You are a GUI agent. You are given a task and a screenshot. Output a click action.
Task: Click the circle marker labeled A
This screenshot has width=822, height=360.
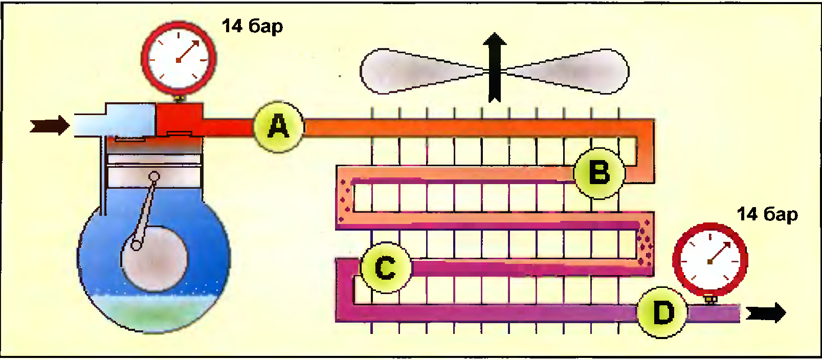pyautogui.click(x=279, y=126)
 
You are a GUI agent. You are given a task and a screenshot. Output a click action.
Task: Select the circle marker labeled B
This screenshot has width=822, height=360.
pyautogui.click(x=599, y=173)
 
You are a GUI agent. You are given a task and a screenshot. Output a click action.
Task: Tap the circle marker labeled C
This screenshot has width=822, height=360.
pyautogui.click(x=386, y=267)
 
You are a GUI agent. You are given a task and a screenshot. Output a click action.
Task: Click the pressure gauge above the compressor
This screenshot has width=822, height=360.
pyautogui.click(x=179, y=59)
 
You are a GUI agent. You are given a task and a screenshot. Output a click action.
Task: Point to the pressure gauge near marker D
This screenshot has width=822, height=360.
pyautogui.click(x=710, y=260)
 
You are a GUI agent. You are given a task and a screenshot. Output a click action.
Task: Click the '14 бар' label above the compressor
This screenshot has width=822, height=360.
pyautogui.click(x=252, y=26)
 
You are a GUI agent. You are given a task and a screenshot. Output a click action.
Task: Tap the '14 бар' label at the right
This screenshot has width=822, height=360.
pyautogui.click(x=767, y=214)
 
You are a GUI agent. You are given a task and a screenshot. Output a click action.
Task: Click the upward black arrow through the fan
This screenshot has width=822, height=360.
pyautogui.click(x=495, y=66)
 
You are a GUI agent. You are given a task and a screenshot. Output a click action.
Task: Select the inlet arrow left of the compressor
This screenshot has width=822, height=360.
pyautogui.click(x=50, y=125)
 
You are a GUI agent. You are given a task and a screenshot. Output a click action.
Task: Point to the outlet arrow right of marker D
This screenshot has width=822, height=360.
pyautogui.click(x=766, y=312)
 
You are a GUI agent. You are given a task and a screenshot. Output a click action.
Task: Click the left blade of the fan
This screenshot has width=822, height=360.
pyautogui.click(x=409, y=72)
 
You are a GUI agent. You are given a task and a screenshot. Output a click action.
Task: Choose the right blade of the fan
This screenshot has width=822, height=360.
pyautogui.click(x=578, y=72)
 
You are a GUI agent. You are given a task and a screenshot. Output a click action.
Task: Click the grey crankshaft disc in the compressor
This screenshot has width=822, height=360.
pyautogui.click(x=154, y=258)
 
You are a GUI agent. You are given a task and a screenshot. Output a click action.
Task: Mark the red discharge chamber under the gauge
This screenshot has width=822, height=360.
pyautogui.click(x=179, y=119)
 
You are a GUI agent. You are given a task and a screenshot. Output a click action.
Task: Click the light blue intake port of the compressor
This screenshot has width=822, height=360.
pyautogui.click(x=115, y=121)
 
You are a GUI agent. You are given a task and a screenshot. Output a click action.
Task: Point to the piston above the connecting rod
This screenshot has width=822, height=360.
pyautogui.click(x=154, y=174)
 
